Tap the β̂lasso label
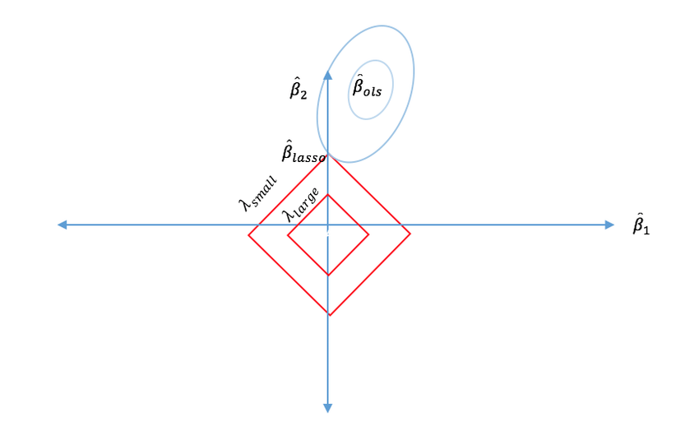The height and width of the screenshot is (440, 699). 303,151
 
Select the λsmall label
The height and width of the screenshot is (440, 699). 257,193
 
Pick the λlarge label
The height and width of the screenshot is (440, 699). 301,205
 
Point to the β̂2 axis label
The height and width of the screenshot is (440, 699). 299,88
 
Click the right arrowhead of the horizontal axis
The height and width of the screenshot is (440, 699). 609,225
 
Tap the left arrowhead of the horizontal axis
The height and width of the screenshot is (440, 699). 62,225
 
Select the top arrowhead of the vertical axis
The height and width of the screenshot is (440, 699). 327,75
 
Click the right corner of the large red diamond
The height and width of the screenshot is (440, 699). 410,234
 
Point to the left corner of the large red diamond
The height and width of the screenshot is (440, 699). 248,234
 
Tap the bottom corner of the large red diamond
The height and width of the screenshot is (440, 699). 330,315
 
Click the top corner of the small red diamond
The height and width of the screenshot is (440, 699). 327,194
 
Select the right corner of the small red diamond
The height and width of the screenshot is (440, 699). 368,234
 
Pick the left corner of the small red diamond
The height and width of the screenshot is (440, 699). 288,234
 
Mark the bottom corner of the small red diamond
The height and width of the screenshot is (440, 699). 329,275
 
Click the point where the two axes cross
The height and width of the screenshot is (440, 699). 327,225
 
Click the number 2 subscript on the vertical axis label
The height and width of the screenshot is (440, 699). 303,95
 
